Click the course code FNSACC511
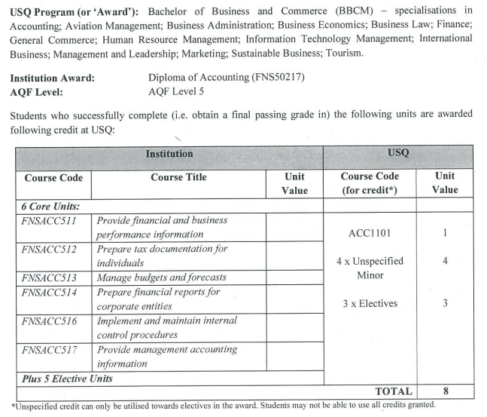tap(50, 221)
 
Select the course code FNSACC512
tap(50, 249)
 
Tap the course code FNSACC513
tap(50, 277)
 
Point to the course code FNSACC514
tap(50, 292)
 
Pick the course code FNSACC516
tap(50, 320)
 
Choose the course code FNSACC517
tap(50, 349)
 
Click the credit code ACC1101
tap(370, 234)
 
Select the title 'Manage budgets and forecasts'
tap(161, 277)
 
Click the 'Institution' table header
tap(169, 154)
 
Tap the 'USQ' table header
tap(398, 154)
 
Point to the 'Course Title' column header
tap(178, 178)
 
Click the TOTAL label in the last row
tap(394, 391)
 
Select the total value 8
tap(445, 391)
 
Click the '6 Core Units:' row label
tap(50, 206)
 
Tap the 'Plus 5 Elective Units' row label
tap(66, 378)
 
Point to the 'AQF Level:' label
tap(37, 92)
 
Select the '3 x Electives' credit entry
tap(370, 303)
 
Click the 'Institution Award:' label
tap(53, 78)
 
